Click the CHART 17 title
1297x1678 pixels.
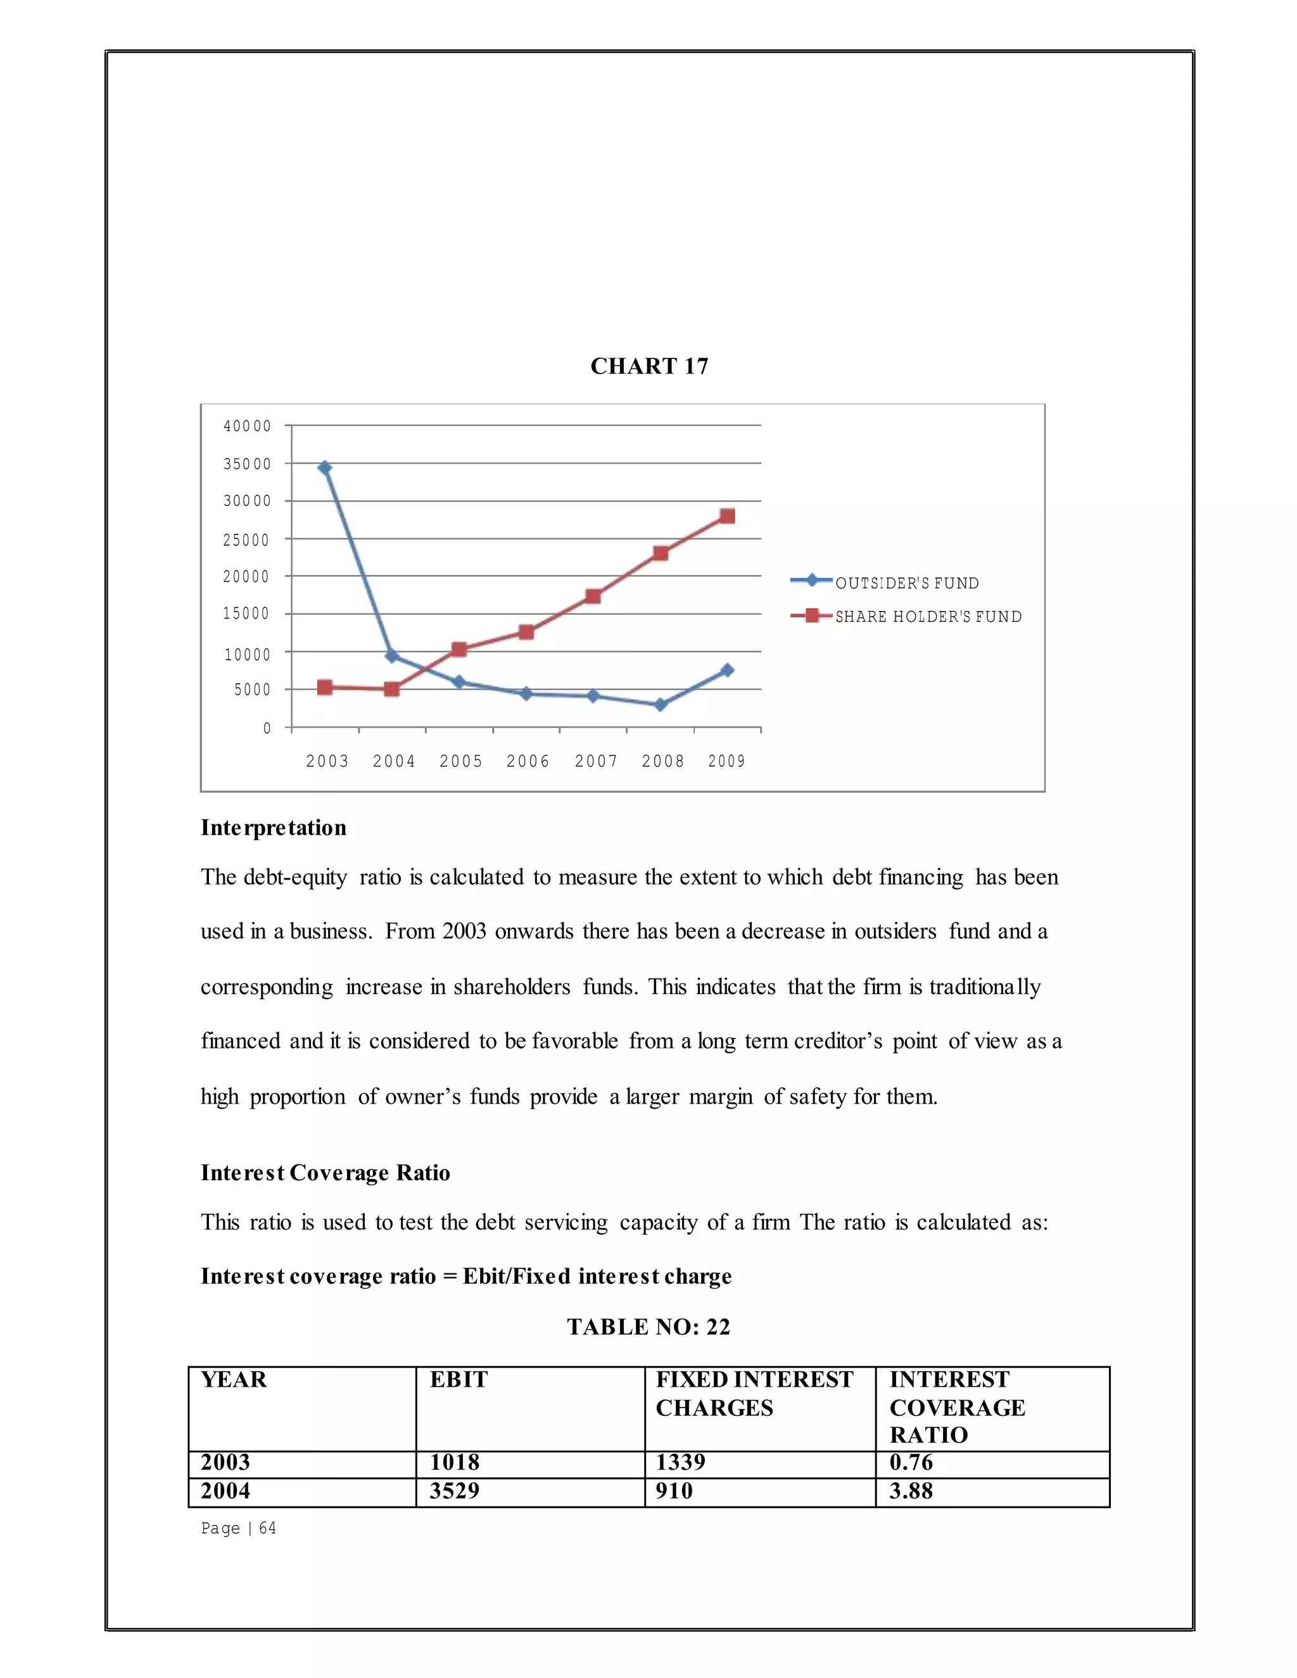pos(648,366)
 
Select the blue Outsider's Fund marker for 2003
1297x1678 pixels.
pos(324,467)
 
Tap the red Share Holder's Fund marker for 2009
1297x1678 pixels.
pos(727,515)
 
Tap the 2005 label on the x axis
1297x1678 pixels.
pos(461,760)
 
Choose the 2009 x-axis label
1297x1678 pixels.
pos(727,760)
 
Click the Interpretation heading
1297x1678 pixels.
pos(274,828)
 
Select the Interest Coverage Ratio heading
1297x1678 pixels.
pos(325,1173)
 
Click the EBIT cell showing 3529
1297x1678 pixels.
pos(454,1491)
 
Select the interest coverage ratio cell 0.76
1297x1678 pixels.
pos(911,1462)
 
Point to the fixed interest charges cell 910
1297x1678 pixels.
pos(674,1491)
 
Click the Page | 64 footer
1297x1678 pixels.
pos(238,1528)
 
